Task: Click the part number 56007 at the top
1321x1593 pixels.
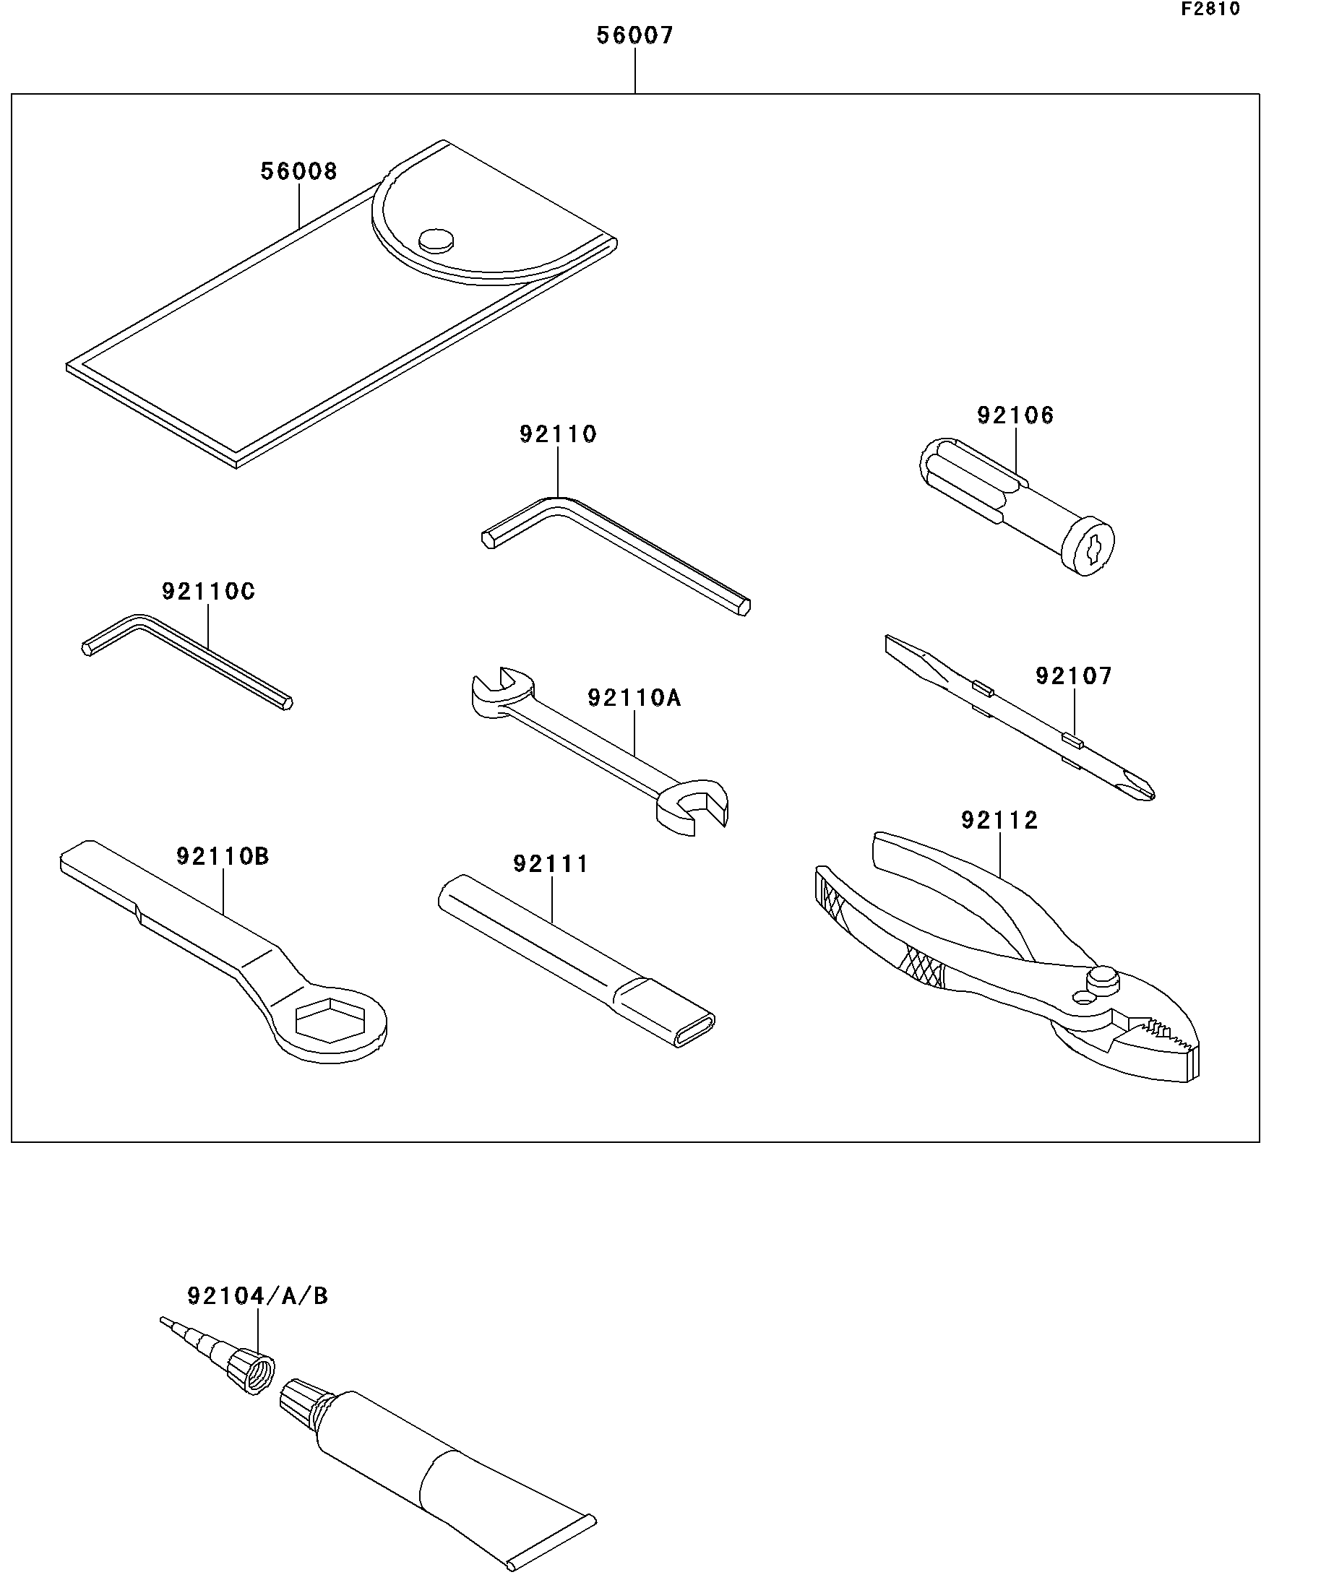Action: [634, 35]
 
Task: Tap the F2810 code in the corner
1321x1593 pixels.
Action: [1210, 9]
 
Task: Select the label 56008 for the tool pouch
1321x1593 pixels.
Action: [298, 171]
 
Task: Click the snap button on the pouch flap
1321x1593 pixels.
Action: [436, 241]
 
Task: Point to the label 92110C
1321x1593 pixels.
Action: [208, 592]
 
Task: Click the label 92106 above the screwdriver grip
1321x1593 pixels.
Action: [1015, 415]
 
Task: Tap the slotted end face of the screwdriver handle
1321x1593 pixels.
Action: [1088, 546]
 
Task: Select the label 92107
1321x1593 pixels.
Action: [1074, 676]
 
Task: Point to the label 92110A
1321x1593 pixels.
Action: [634, 698]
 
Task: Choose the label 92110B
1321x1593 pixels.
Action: [223, 856]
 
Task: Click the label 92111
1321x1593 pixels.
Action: [551, 864]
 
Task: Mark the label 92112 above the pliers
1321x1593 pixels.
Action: [999, 820]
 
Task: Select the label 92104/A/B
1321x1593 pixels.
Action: [257, 1296]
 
